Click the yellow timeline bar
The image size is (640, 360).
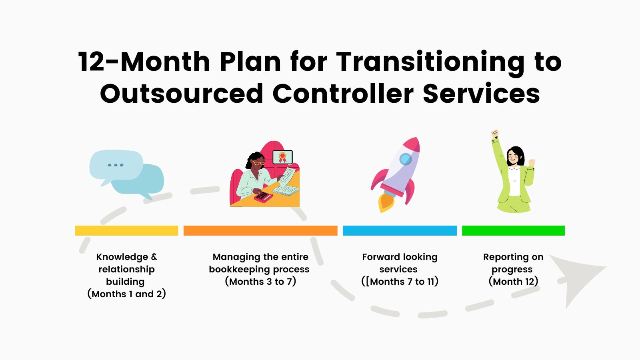tap(126, 230)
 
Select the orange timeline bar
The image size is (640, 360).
tap(260, 230)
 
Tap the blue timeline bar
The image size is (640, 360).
tap(400, 230)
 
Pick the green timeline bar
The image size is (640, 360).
tap(514, 230)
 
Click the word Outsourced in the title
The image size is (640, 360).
tap(182, 94)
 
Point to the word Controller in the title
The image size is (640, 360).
tap(343, 94)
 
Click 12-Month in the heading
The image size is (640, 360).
tap(144, 62)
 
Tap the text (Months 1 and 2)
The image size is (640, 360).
tap(126, 294)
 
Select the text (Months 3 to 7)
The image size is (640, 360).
tap(260, 282)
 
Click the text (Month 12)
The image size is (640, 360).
tap(514, 282)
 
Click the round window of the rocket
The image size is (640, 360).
tap(406, 159)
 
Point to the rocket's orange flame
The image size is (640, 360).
tap(386, 202)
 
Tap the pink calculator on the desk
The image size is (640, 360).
tap(263, 196)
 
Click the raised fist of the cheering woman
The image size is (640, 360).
tap(495, 134)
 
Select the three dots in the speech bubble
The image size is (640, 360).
tap(116, 165)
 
